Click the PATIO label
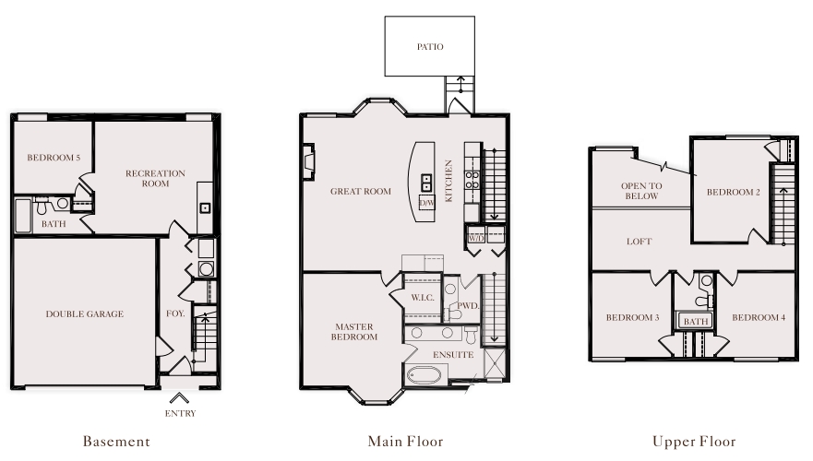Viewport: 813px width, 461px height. click(x=430, y=47)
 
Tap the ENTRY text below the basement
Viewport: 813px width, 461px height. click(x=181, y=413)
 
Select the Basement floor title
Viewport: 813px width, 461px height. click(x=116, y=442)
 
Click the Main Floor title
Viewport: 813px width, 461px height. click(x=405, y=442)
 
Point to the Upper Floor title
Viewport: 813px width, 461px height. click(x=694, y=442)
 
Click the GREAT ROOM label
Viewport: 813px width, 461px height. click(x=361, y=191)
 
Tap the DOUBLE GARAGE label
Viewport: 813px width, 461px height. click(x=85, y=313)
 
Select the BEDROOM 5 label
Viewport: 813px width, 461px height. click(x=54, y=158)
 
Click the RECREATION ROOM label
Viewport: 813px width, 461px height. click(x=156, y=178)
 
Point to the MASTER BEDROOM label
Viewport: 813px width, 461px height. click(x=354, y=332)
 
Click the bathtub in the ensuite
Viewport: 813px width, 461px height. click(x=424, y=375)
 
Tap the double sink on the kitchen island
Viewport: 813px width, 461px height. click(x=426, y=183)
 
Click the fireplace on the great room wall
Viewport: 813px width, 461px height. click(x=308, y=161)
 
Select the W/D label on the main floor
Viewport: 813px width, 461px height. click(x=476, y=238)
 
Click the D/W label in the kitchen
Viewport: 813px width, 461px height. click(x=426, y=203)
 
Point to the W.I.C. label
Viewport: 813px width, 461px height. click(x=423, y=298)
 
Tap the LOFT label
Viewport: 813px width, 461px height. click(x=639, y=242)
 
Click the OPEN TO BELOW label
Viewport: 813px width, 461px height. click(x=642, y=191)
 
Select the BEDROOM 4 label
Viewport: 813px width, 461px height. click(x=759, y=317)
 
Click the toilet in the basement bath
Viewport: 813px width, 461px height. click(x=42, y=207)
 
